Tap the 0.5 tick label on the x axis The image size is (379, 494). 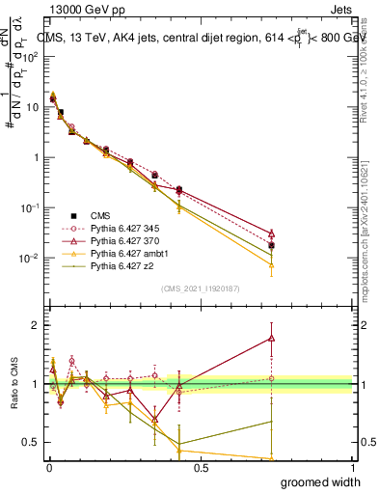[x=201, y=466]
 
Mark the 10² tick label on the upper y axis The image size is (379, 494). [x=30, y=56]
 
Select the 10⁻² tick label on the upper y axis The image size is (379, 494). [x=30, y=258]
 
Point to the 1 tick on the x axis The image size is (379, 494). [x=353, y=466]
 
